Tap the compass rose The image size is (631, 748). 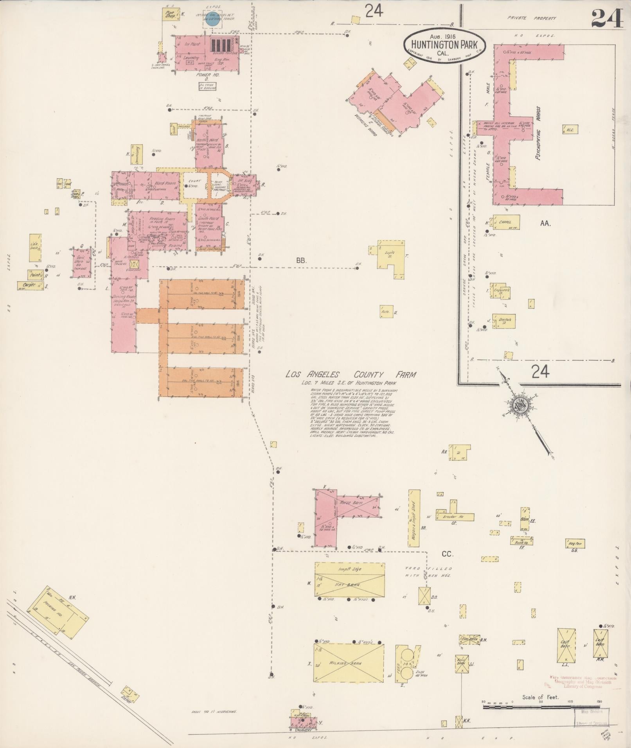(521, 407)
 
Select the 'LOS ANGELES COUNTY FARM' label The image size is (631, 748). (351, 375)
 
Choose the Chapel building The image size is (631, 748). (506, 222)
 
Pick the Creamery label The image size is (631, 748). (303, 730)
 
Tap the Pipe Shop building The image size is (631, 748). (170, 14)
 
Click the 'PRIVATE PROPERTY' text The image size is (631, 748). (532, 18)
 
